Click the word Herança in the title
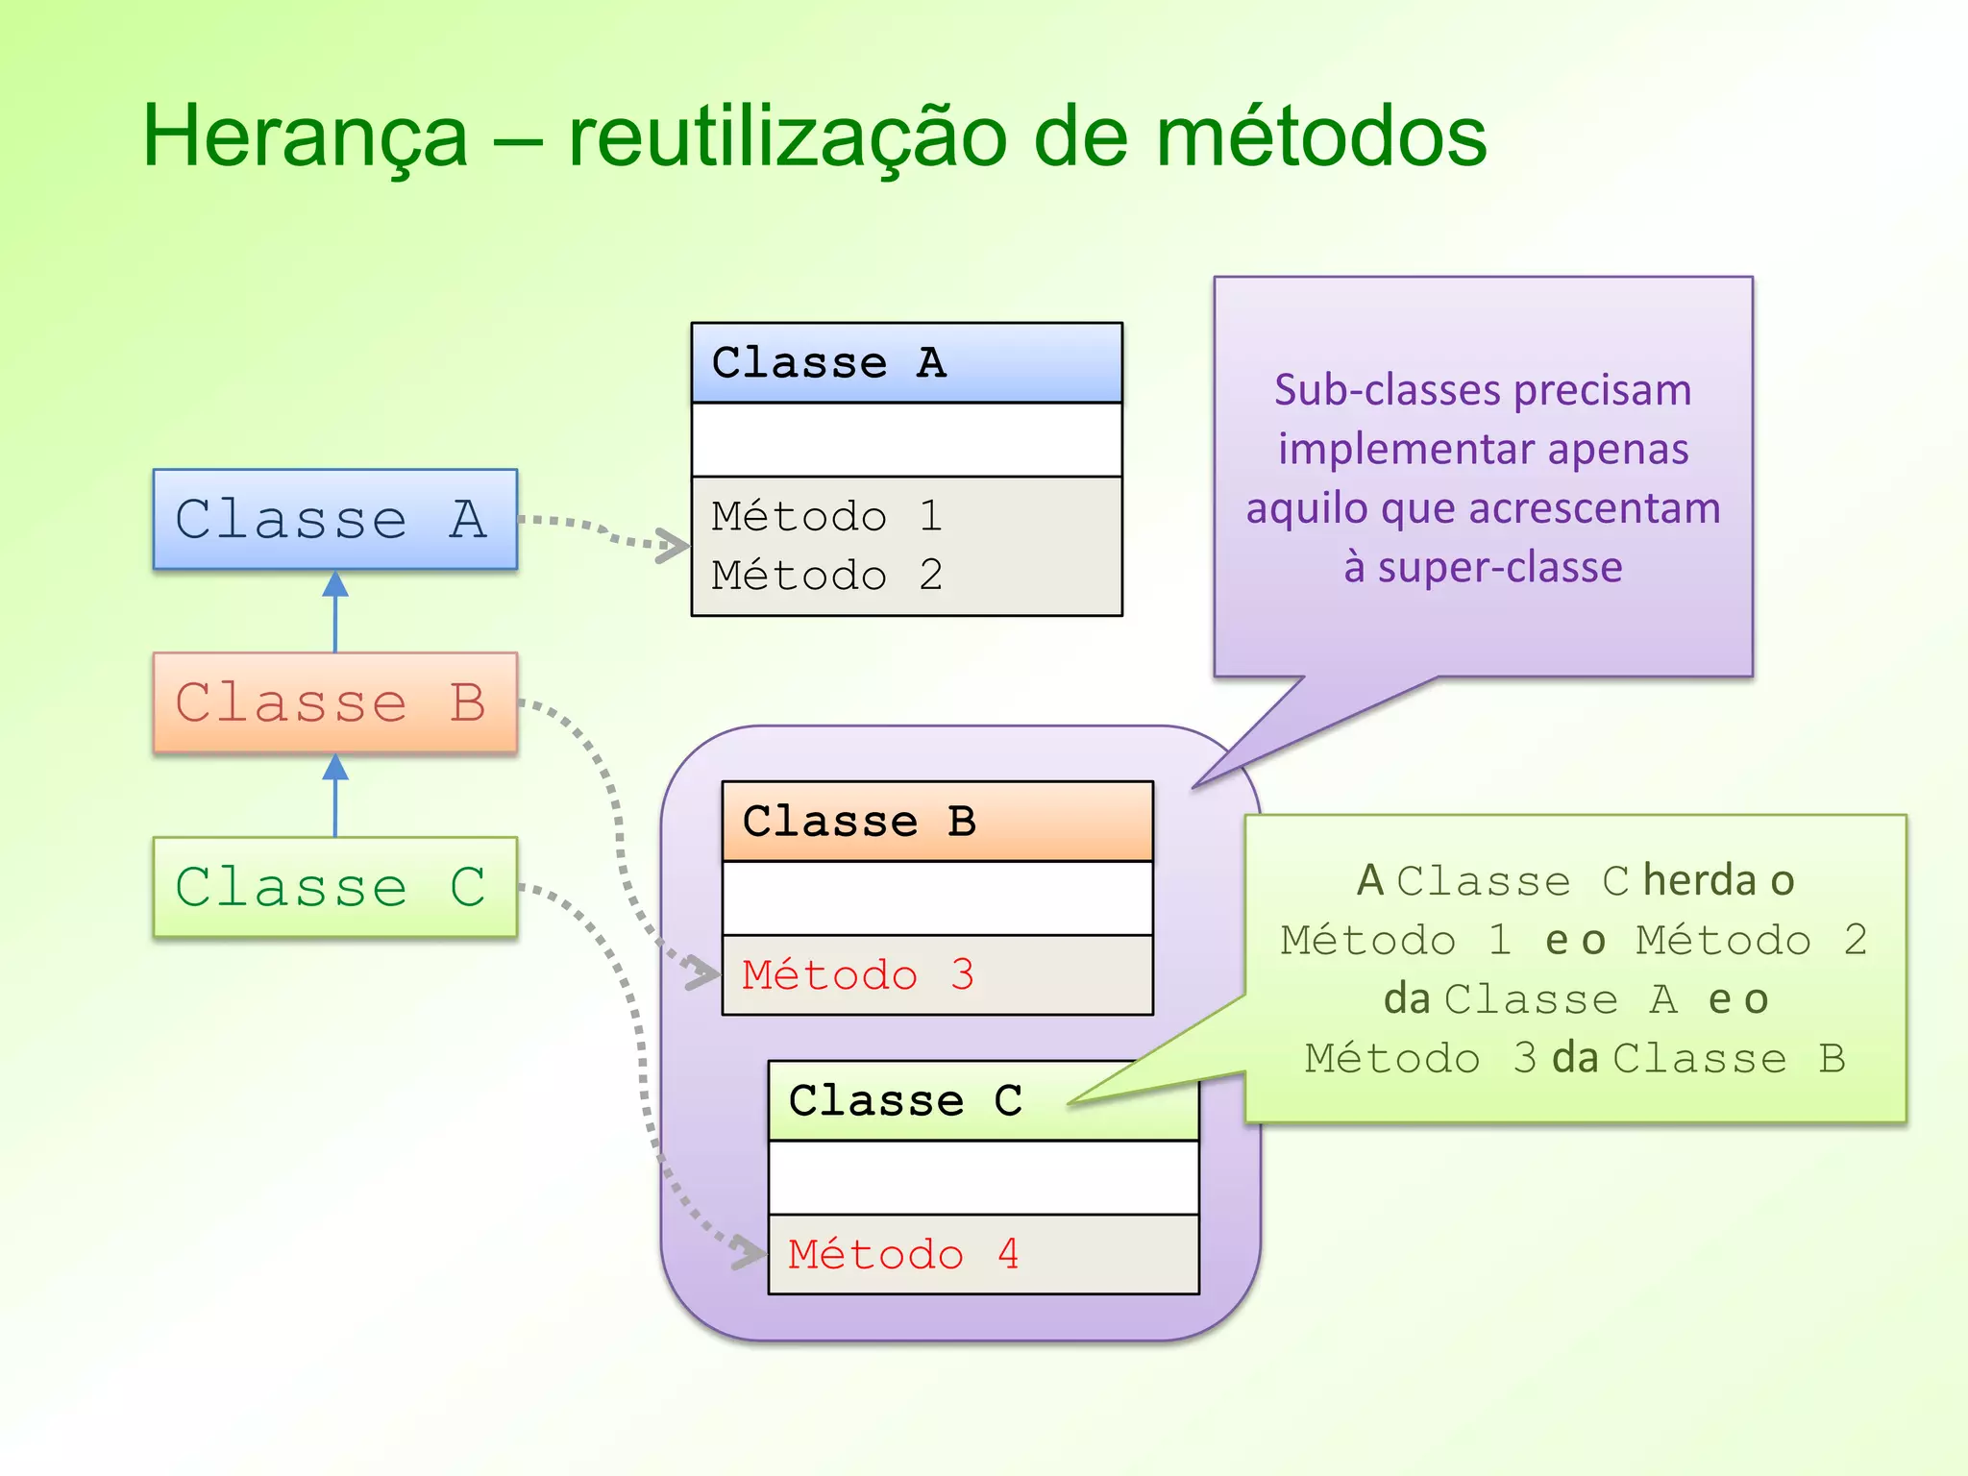(305, 137)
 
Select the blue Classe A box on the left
(334, 520)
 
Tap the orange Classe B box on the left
(334, 702)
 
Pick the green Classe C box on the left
(334, 886)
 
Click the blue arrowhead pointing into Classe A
(334, 584)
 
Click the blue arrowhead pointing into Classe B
(334, 767)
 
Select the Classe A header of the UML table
(906, 363)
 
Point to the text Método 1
(826, 516)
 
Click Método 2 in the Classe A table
(826, 576)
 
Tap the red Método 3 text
(858, 975)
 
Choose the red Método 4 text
(903, 1254)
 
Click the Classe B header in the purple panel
(937, 822)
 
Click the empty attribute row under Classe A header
(906, 440)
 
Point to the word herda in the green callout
(1699, 880)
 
